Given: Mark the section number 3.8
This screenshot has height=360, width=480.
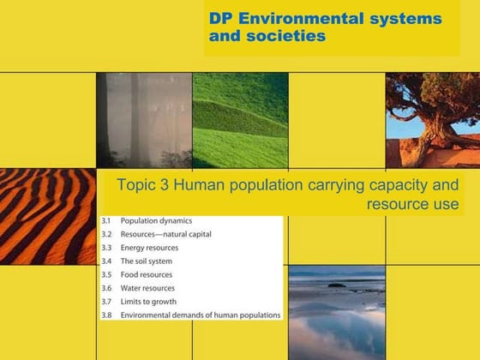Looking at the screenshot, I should tap(105, 315).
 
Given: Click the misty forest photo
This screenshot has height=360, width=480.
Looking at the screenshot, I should tap(144, 120).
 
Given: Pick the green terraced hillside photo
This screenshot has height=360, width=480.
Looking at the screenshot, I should tap(240, 120).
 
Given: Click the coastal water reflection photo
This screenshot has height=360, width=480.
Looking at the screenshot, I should tap(337, 312).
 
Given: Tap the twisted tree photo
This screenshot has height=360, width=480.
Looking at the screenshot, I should tap(433, 120).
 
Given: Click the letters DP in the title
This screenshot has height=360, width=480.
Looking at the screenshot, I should tap(221, 18).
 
